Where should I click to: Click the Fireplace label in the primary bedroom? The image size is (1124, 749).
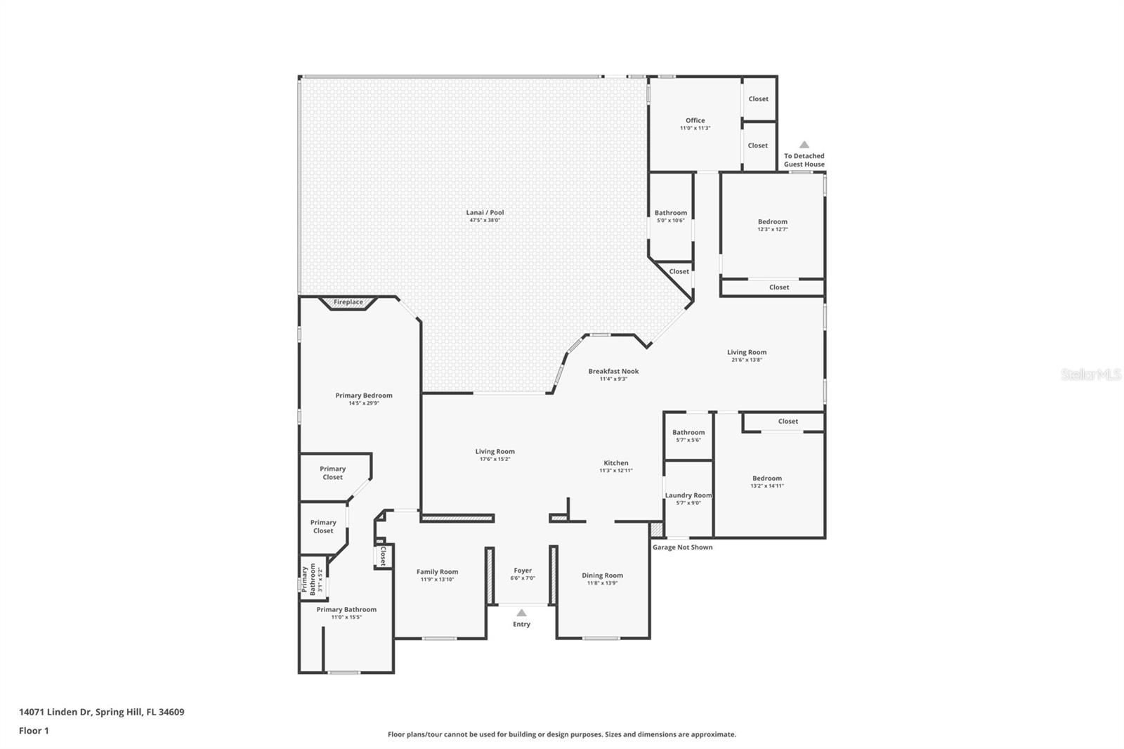[348, 302]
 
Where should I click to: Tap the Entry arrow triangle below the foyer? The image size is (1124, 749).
[521, 613]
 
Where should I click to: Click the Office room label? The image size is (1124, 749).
[695, 120]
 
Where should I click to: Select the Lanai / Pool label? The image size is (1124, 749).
[485, 212]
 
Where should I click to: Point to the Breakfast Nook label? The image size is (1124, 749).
[613, 371]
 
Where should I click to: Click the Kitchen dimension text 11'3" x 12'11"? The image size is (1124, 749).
[616, 471]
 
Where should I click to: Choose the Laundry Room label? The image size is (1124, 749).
[688, 495]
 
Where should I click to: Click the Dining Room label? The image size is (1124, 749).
[602, 575]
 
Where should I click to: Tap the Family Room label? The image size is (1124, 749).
[437, 572]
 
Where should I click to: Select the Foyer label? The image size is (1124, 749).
[523, 571]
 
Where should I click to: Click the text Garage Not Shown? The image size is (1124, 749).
[682, 547]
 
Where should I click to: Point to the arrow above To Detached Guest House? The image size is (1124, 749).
[804, 145]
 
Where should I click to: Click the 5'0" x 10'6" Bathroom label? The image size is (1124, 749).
[671, 213]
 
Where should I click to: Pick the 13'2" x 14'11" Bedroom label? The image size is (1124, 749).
[767, 478]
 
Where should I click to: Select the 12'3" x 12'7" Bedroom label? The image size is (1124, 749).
[772, 222]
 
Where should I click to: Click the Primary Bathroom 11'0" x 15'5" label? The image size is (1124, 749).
[346, 610]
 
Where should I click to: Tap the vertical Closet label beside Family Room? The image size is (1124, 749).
[383, 556]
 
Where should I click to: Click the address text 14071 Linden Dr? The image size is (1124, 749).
[55, 712]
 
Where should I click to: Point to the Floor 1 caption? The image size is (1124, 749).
[34, 731]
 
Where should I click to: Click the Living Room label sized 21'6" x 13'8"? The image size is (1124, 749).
[747, 353]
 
